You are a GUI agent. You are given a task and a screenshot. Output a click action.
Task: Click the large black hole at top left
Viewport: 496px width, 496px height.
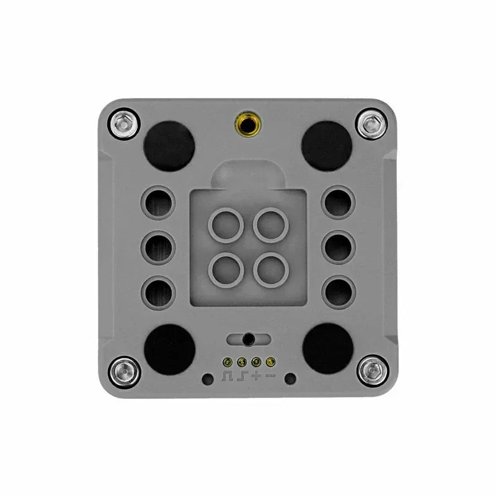[x=168, y=145]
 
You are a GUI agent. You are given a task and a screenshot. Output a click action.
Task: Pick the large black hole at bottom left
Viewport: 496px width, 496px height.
[x=168, y=348]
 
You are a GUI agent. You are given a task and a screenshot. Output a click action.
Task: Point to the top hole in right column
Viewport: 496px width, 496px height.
[x=339, y=203]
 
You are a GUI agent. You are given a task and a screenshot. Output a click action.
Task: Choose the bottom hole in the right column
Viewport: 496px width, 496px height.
[x=339, y=291]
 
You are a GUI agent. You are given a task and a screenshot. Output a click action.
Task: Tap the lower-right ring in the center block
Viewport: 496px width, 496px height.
[x=270, y=268]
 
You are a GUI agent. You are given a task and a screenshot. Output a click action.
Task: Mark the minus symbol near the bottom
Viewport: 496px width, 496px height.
[x=270, y=376]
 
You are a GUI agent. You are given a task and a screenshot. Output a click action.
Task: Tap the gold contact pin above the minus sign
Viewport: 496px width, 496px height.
[x=270, y=361]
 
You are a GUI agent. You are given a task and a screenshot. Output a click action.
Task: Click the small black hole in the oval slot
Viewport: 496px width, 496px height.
[x=248, y=339]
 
